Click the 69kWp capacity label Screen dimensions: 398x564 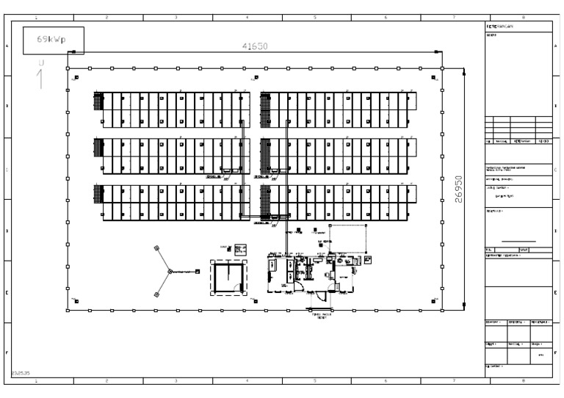53,40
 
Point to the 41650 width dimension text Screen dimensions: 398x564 255,46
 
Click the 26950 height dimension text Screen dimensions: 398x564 460,191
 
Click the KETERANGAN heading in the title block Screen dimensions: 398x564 500,26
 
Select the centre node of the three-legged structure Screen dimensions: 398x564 169,272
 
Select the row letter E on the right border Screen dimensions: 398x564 555,292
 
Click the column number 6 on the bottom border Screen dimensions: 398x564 386,381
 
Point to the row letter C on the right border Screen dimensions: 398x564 555,170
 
